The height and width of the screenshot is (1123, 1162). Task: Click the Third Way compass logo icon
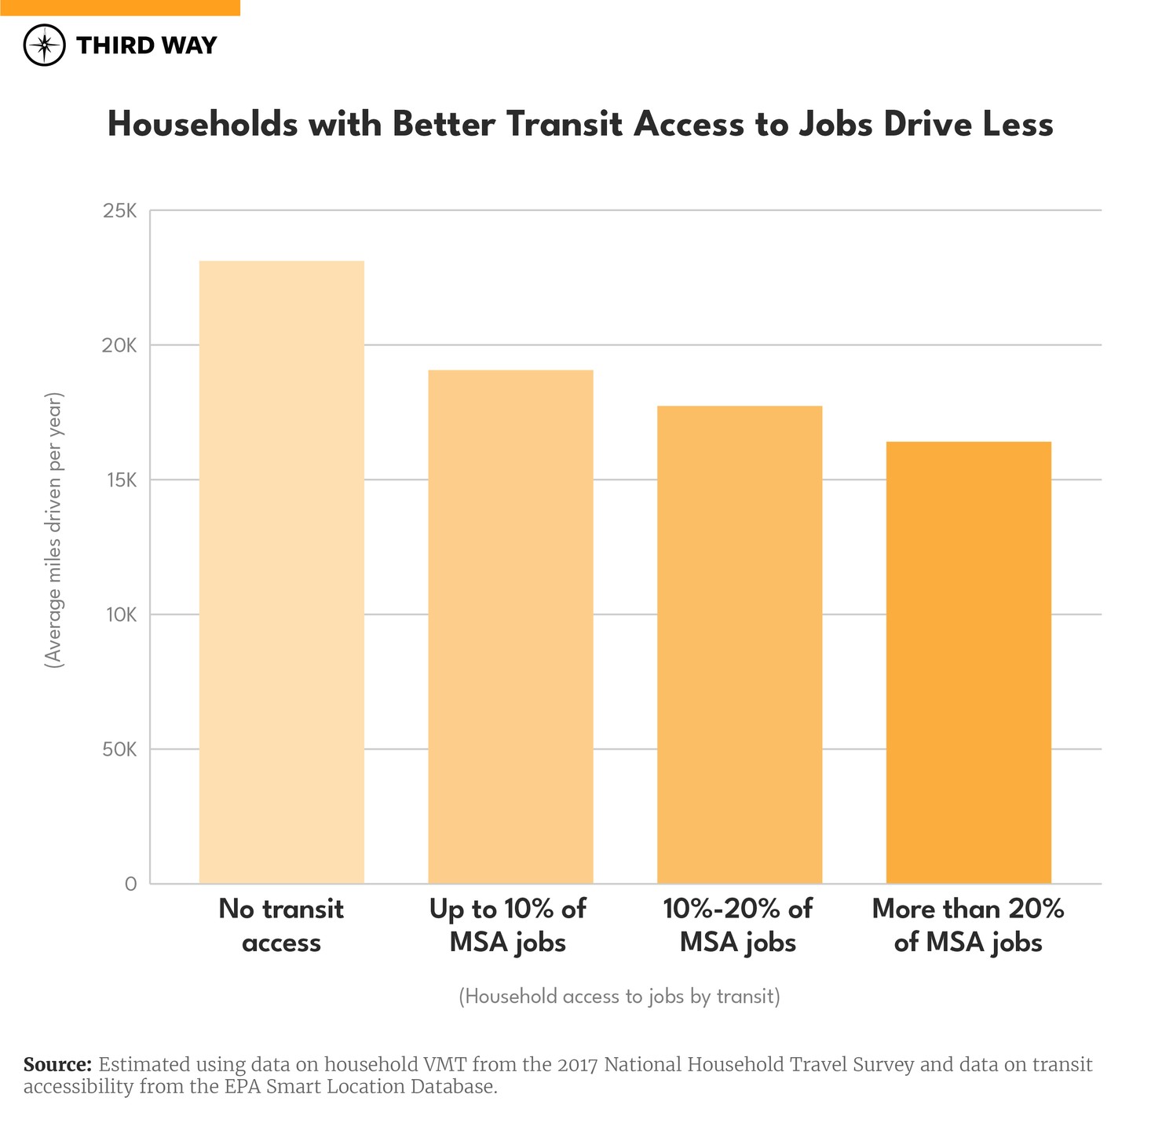tap(44, 46)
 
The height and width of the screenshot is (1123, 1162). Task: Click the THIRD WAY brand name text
tap(146, 46)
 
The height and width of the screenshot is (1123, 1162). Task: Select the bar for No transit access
tap(281, 572)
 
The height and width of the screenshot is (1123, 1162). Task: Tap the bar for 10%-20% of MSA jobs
tap(739, 644)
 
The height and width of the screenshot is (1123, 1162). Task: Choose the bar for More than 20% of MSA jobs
tap(968, 662)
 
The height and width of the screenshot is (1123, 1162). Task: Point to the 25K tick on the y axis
tap(120, 211)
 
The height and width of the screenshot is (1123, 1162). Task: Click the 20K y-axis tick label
tap(120, 346)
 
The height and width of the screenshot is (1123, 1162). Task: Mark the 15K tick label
tap(121, 480)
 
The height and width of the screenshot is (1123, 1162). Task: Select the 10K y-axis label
tap(121, 615)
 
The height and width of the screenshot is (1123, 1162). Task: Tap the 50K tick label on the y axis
tap(120, 749)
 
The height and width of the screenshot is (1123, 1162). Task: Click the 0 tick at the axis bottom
tap(130, 884)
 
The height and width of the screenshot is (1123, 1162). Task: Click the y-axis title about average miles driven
tap(53, 531)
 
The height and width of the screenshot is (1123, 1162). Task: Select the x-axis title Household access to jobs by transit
tap(619, 997)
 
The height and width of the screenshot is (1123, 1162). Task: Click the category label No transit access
tap(281, 925)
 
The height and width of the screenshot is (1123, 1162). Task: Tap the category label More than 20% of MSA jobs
tap(968, 925)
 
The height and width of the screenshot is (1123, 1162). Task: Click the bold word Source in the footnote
tap(57, 1065)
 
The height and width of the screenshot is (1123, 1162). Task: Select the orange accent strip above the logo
tap(119, 8)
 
